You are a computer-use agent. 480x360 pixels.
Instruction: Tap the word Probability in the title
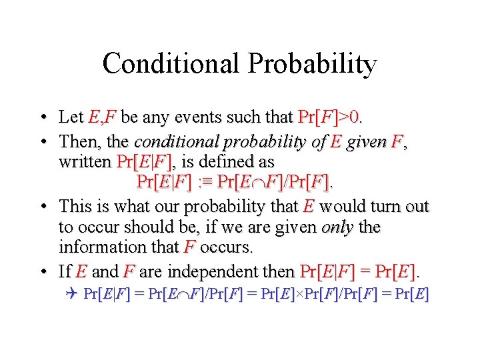(x=312, y=64)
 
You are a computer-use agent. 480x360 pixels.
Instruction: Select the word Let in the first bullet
(x=71, y=118)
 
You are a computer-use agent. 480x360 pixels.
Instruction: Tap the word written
(x=85, y=162)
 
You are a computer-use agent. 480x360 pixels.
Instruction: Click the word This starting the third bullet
(x=75, y=206)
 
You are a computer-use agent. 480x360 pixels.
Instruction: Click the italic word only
(x=337, y=227)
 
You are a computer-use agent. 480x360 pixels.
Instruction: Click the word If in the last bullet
(x=65, y=271)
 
